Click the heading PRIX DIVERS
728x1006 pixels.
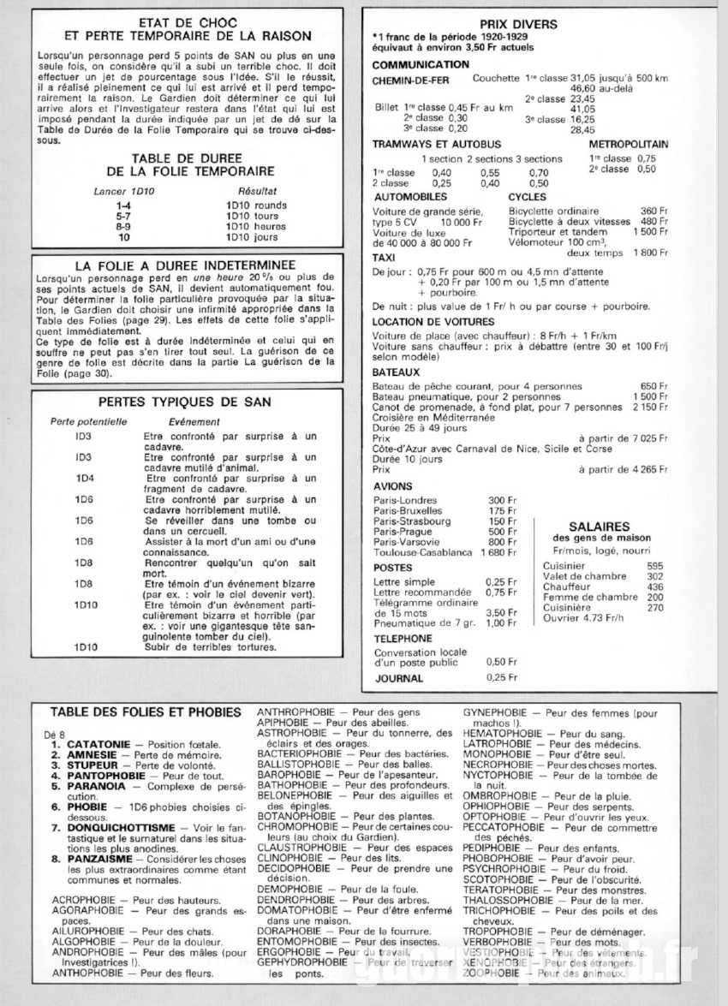pos(518,24)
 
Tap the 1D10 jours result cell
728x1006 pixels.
pos(251,237)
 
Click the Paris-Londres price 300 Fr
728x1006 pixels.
pos(502,500)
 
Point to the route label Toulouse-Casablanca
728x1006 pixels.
pos(423,552)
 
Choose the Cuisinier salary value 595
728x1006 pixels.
pos(655,566)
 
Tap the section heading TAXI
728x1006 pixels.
pos(384,257)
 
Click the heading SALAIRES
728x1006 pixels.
pos(600,527)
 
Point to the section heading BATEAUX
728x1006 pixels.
pos(397,373)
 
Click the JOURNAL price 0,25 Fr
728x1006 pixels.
pos(501,677)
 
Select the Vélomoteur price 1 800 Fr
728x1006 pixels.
pos(650,253)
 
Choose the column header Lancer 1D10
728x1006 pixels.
pos(122,191)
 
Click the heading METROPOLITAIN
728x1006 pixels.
pos(629,145)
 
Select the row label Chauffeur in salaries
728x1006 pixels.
pos(567,586)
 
